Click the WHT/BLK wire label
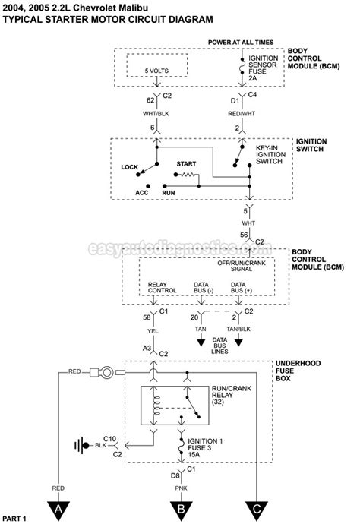click(x=156, y=114)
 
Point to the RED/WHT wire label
click(x=242, y=114)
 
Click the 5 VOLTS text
click(x=156, y=71)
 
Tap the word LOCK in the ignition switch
click(x=129, y=167)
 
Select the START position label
click(x=186, y=164)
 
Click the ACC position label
click(x=142, y=193)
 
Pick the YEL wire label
click(x=153, y=331)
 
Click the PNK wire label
click(x=182, y=488)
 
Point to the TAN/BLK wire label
click(x=238, y=329)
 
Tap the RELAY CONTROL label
click(x=162, y=287)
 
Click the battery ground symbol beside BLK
click(x=82, y=446)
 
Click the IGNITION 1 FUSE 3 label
click(x=205, y=448)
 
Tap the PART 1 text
click(x=14, y=519)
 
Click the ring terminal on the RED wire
click(x=107, y=372)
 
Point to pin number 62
click(x=150, y=100)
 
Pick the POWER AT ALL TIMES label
click(x=241, y=42)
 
